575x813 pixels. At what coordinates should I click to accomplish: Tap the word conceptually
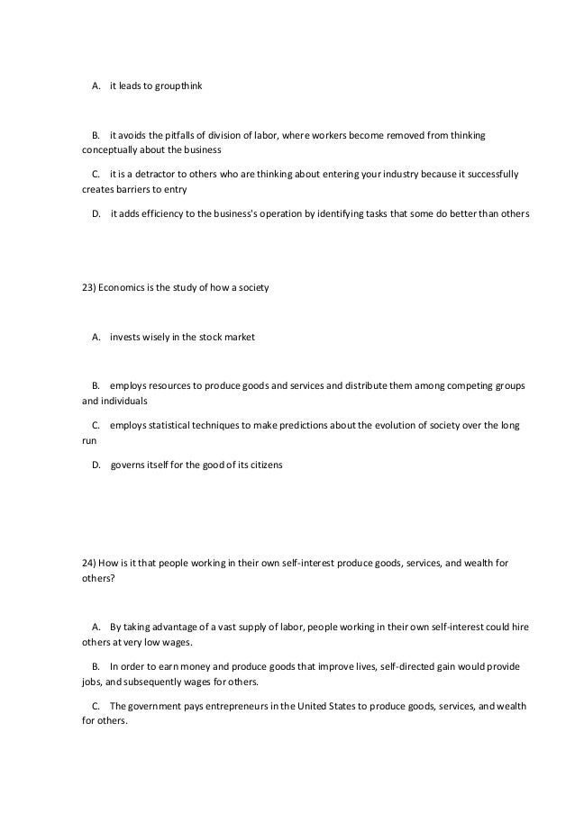(109, 149)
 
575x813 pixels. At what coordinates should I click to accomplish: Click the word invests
(127, 338)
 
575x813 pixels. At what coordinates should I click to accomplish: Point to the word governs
(130, 465)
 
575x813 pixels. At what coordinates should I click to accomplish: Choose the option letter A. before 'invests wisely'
(96, 338)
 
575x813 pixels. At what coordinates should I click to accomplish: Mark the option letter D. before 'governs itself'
(96, 465)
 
